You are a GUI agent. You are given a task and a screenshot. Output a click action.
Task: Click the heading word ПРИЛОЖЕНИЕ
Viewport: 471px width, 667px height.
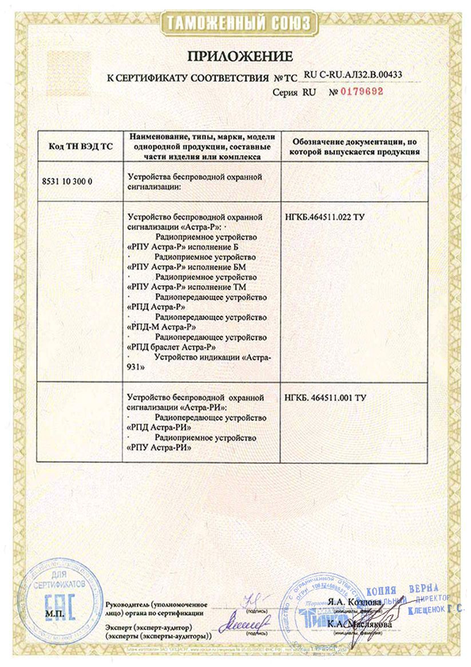240,56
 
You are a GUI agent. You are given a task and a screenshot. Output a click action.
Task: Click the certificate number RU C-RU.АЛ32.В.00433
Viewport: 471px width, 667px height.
353,74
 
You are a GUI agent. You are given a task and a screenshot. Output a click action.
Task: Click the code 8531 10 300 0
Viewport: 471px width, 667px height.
68,181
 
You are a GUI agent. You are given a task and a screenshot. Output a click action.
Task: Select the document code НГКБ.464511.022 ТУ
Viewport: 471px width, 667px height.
324,218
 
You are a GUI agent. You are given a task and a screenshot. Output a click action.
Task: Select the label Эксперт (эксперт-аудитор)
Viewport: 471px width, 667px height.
148,628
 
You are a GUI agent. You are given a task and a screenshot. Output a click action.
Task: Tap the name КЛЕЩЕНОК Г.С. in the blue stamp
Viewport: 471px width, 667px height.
434,611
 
